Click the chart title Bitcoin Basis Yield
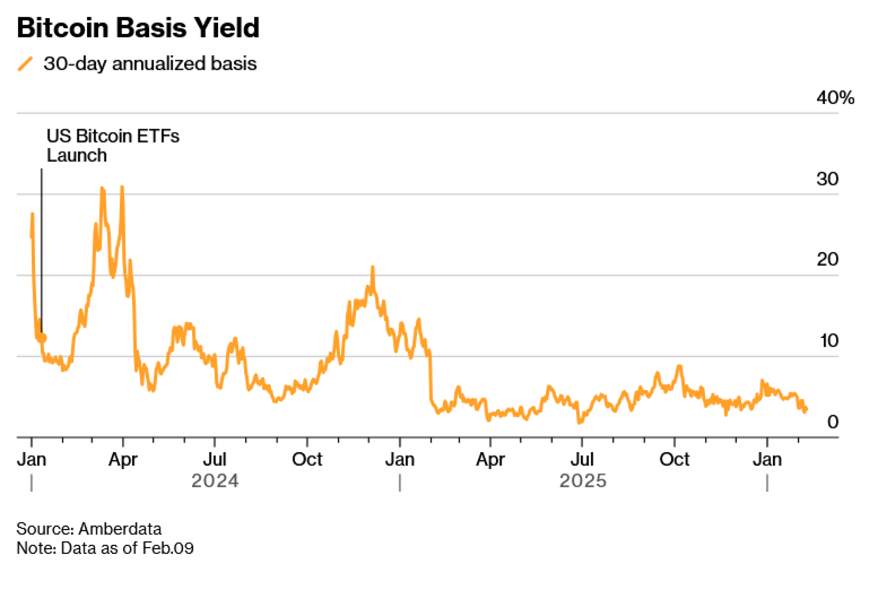click(x=138, y=28)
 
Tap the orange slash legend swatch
click(x=25, y=64)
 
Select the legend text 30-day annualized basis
click(x=150, y=64)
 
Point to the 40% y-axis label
click(x=835, y=97)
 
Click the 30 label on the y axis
click(x=827, y=179)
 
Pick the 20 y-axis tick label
click(x=827, y=259)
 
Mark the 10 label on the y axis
click(x=829, y=341)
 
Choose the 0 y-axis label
click(x=832, y=422)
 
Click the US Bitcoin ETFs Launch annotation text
click(x=112, y=146)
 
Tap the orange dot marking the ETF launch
click(x=42, y=338)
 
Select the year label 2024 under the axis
click(x=215, y=481)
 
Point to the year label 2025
click(x=583, y=481)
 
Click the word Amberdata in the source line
click(x=120, y=529)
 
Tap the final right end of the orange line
click(x=806, y=409)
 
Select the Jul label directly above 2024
click(x=215, y=460)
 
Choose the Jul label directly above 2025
click(x=582, y=460)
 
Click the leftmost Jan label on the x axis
click(x=32, y=460)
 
